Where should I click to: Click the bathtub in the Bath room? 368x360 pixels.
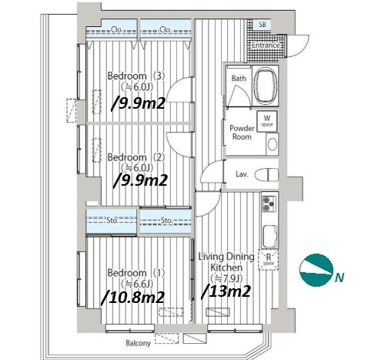pos(266,85)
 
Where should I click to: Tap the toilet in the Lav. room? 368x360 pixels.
pos(267,174)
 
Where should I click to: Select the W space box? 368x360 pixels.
pos(267,121)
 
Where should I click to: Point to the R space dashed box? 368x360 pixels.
pos(269,260)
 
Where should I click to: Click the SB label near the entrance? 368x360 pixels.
pos(262,25)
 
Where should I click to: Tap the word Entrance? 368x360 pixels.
pos(266,45)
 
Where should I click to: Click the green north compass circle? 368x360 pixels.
pos(316,270)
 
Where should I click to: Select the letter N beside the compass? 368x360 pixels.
pos(340,278)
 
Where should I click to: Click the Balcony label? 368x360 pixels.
pos(138,343)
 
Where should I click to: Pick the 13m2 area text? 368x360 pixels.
pos(226,292)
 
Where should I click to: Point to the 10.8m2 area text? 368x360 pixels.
pos(133,298)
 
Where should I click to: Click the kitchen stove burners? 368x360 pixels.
pos(269,204)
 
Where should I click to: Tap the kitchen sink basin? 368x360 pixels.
pos(269,237)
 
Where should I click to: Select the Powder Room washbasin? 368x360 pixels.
pos(273,144)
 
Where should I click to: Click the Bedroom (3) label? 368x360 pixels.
pos(135,76)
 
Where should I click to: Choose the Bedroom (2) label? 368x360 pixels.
pos(135,157)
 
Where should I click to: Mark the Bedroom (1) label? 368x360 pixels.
pos(135,273)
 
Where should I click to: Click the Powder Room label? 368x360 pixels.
pos(242,133)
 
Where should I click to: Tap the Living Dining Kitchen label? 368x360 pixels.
pos(226,262)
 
